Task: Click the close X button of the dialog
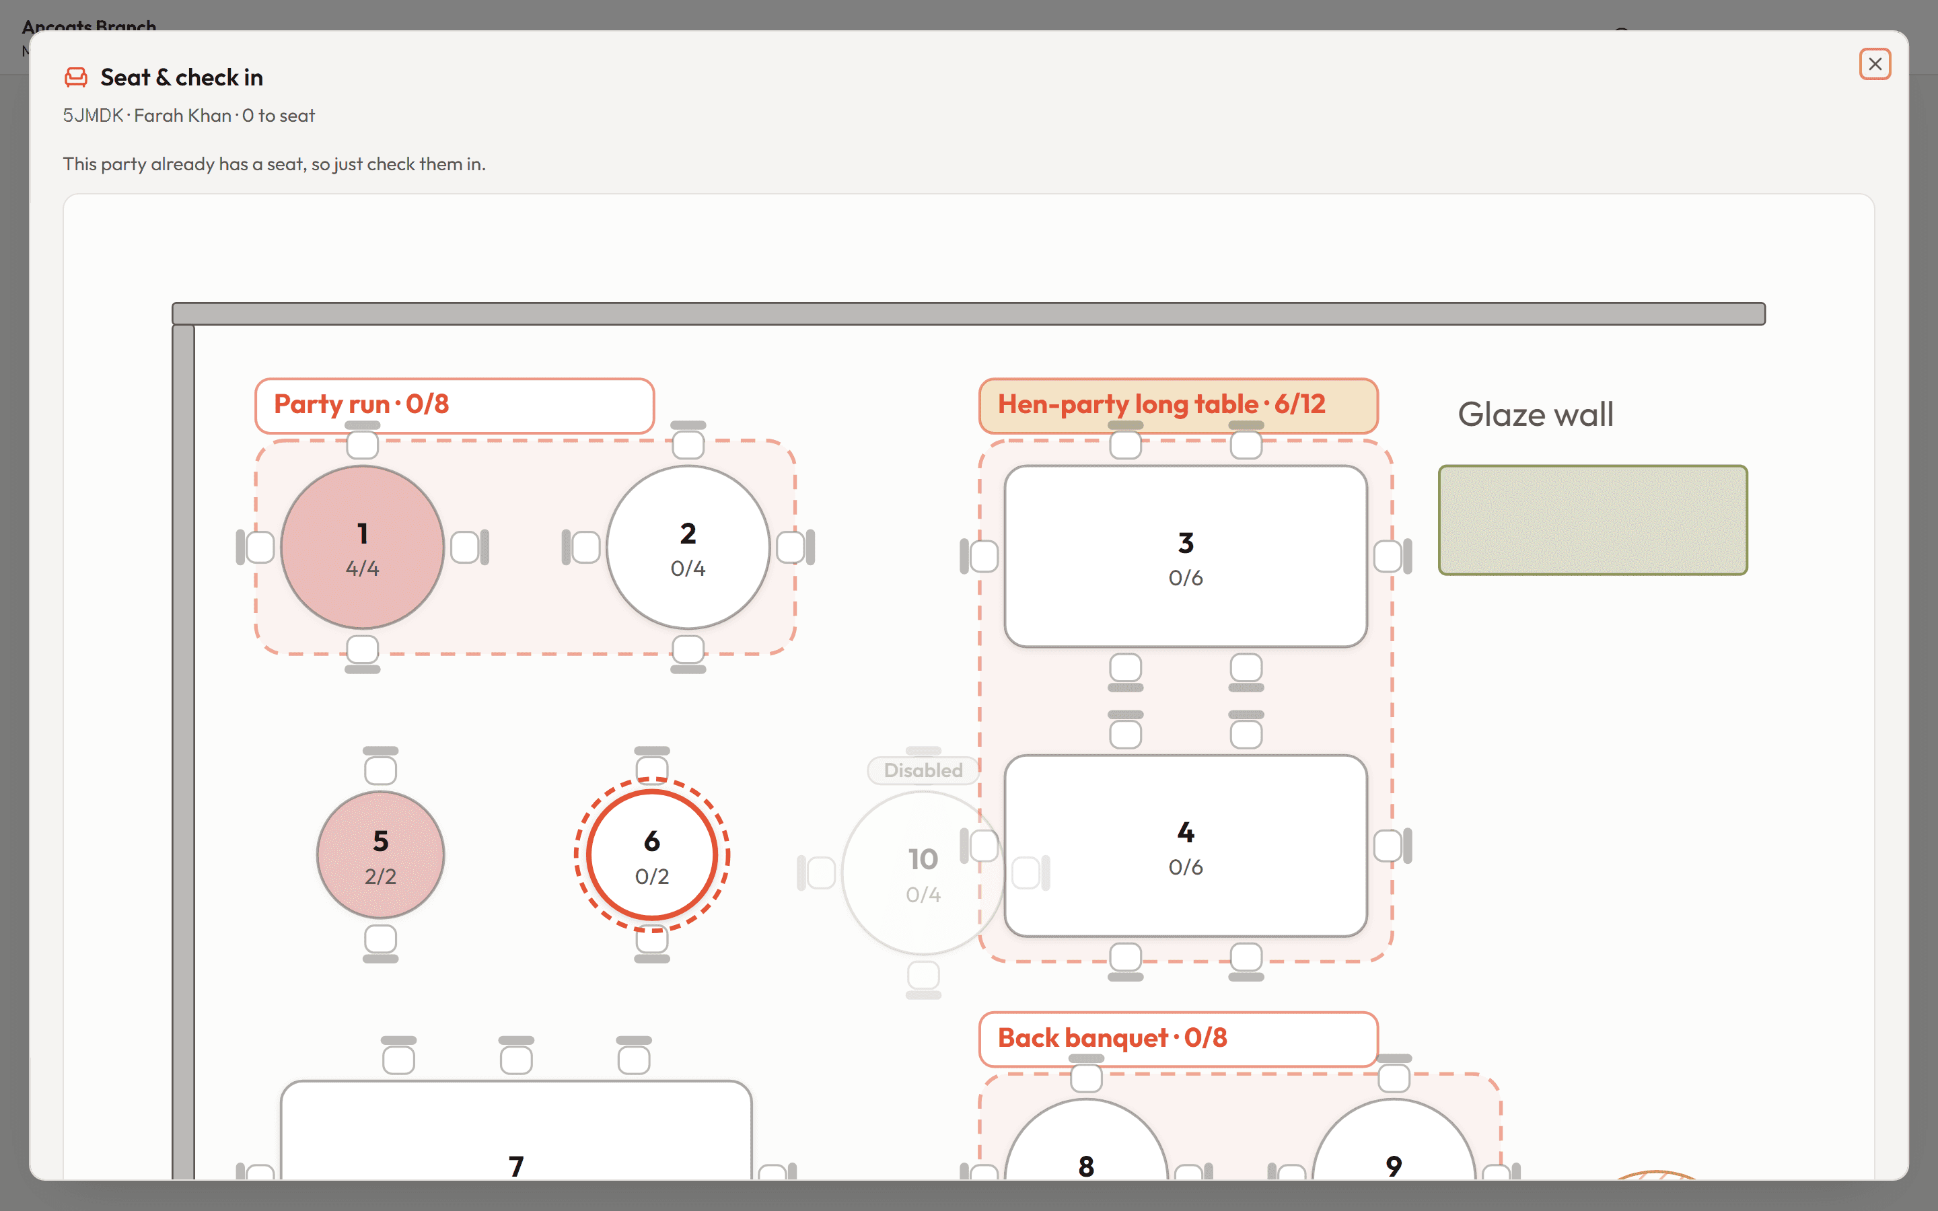(1875, 64)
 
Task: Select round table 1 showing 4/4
(363, 548)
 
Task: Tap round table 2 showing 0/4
(688, 548)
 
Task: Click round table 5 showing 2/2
(380, 854)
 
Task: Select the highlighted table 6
(652, 854)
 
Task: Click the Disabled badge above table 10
(923, 770)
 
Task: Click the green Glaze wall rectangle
(1593, 520)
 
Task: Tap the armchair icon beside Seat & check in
(76, 77)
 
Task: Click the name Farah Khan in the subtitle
(182, 115)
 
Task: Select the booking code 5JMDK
(93, 115)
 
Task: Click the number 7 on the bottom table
(517, 1166)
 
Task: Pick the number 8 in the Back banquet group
(1086, 1166)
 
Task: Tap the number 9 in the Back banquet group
(1394, 1166)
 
